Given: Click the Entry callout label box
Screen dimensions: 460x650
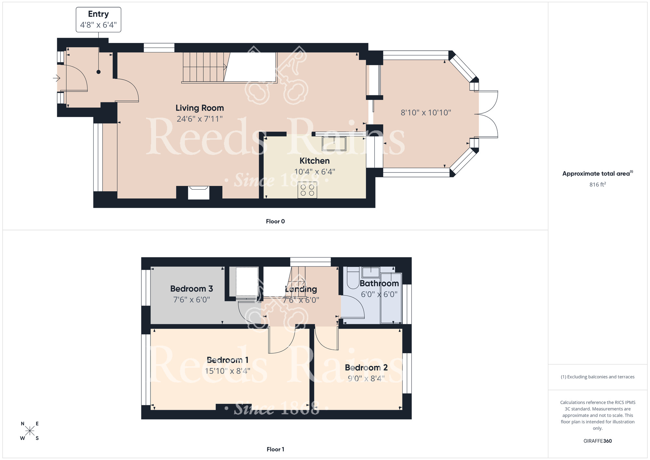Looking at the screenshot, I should click(x=98, y=20).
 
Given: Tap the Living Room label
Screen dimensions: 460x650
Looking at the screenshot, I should click(x=200, y=108).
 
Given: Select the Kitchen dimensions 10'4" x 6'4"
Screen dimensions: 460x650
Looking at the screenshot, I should click(x=314, y=172).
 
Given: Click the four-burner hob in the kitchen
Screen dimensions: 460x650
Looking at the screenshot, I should click(x=307, y=190).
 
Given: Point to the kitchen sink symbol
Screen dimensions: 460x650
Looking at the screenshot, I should click(x=334, y=143).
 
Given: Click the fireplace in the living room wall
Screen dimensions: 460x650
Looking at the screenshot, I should click(x=199, y=193).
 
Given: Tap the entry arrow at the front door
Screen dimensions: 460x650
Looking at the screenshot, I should click(x=57, y=78).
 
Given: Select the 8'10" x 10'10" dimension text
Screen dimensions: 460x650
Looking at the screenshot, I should click(x=426, y=113).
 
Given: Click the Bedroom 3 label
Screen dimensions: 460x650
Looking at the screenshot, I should click(x=191, y=289).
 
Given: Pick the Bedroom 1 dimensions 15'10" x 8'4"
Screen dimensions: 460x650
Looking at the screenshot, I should click(x=227, y=371).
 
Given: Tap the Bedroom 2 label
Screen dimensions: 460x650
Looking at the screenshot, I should click(x=366, y=368).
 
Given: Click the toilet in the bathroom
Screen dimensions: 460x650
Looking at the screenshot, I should click(x=353, y=279).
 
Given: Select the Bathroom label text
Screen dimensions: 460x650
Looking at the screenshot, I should click(x=379, y=283).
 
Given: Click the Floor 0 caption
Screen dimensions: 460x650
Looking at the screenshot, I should click(x=275, y=221).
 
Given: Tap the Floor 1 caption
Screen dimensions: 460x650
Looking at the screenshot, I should click(x=275, y=449).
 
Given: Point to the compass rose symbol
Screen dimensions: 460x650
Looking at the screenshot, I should click(x=30, y=431).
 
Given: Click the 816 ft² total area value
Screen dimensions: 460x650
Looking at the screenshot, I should click(x=597, y=184).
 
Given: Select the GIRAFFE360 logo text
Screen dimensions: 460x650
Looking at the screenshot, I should click(x=597, y=441).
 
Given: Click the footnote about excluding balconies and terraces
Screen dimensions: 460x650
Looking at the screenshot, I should click(x=597, y=377).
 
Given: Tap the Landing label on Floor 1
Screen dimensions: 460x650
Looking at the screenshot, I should click(x=301, y=289).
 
